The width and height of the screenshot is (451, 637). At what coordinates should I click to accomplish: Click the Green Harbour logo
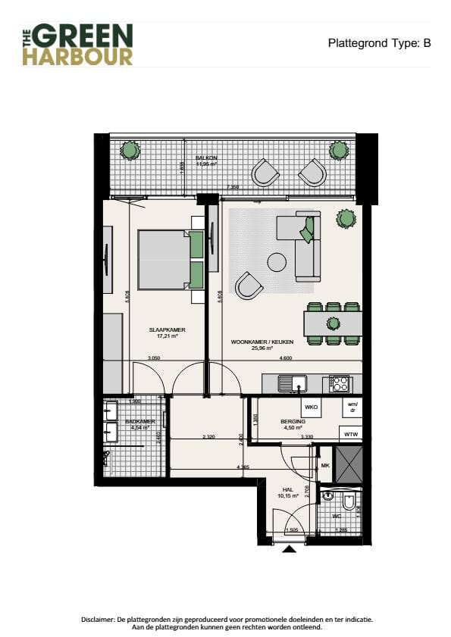(x=77, y=44)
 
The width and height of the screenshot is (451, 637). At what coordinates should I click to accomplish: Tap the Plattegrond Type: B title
(x=379, y=43)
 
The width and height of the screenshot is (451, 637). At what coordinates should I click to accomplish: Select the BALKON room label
(x=207, y=158)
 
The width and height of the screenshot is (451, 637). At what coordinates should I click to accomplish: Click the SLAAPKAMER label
(x=168, y=330)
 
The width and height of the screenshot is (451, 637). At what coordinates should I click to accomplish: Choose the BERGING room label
(x=292, y=421)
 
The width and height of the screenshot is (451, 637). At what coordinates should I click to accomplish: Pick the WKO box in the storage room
(x=311, y=407)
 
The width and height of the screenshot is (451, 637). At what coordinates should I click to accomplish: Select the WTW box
(x=350, y=434)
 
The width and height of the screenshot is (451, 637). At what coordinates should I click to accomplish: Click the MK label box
(x=325, y=466)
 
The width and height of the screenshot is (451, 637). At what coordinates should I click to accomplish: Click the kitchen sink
(x=290, y=384)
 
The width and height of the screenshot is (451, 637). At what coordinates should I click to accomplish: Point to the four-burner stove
(x=338, y=384)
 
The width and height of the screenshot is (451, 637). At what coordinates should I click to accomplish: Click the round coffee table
(x=277, y=263)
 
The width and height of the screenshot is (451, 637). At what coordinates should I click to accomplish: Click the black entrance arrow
(x=290, y=551)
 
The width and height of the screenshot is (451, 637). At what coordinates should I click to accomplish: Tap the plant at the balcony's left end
(x=130, y=150)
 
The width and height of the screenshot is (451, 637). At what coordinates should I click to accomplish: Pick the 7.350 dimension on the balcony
(x=234, y=186)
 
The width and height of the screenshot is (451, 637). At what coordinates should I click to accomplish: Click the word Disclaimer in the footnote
(x=98, y=619)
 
